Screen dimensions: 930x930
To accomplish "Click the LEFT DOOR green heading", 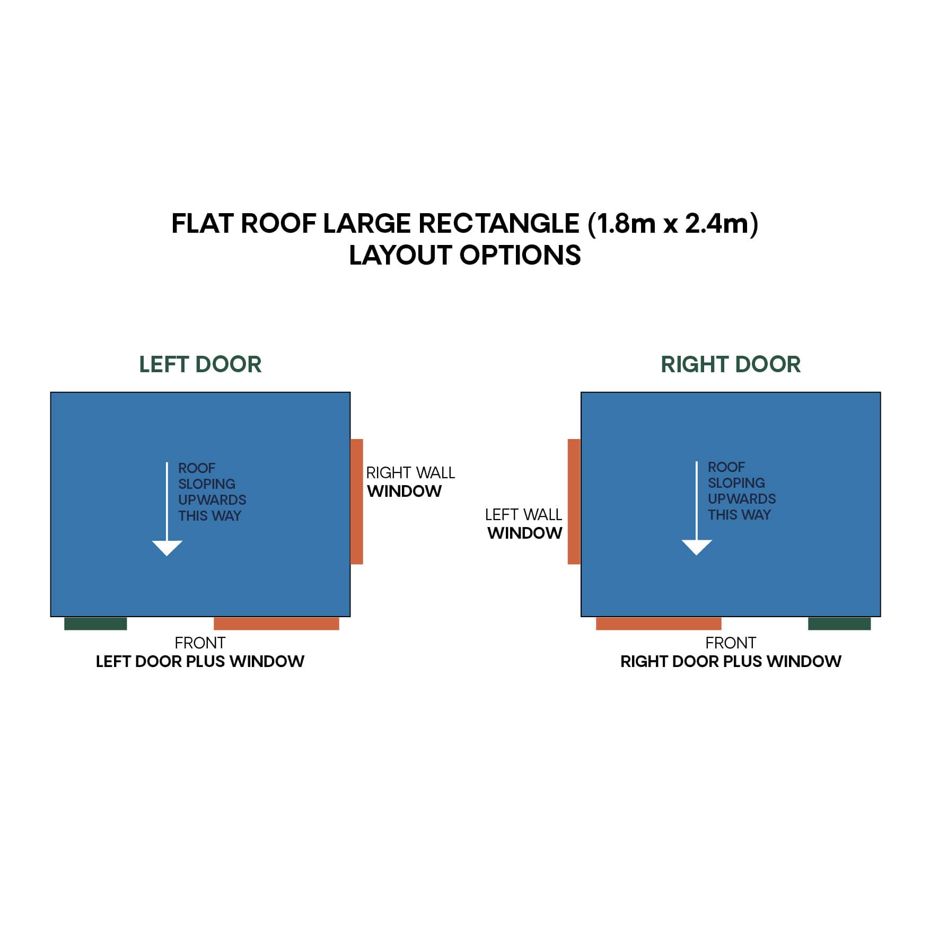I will point(200,365).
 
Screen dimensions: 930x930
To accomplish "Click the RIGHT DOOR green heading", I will point(730,365).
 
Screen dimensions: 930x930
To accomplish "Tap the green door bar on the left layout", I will point(95,624).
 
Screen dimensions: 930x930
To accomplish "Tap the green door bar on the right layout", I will point(839,624).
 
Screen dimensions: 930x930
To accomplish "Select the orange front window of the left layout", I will point(276,624).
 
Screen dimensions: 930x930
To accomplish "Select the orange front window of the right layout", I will point(658,624).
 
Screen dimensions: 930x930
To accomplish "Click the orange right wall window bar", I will point(357,501).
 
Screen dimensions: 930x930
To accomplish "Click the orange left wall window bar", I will point(574,501).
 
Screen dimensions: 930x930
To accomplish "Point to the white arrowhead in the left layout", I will point(167,548).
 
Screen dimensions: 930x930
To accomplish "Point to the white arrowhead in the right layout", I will point(696,547).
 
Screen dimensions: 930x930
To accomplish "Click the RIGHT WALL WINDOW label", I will point(410,482).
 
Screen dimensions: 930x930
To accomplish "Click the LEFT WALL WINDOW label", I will point(524,524).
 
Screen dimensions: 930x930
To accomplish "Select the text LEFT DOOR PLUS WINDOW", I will point(200,662).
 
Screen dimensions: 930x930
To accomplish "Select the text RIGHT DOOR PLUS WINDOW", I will point(731,662).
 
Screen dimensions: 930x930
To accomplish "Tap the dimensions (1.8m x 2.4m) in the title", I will point(673,224).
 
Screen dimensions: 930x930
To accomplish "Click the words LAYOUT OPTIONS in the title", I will point(464,256).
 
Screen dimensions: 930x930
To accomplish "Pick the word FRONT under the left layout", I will point(200,643).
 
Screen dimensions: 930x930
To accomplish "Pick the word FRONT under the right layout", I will point(730,643).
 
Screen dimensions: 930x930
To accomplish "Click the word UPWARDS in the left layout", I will point(212,500).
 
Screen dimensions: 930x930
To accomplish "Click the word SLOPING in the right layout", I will point(736,483).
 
